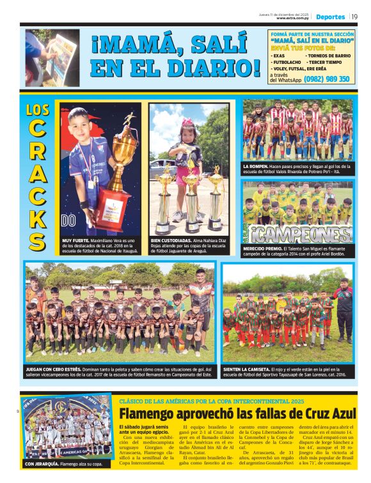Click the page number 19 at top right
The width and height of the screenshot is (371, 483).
point(354,17)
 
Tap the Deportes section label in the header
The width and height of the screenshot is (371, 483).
point(330,17)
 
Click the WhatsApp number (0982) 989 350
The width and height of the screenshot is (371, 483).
point(327,79)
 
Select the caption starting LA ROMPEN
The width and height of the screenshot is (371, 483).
point(297,169)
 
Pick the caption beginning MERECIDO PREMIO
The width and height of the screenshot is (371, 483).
point(297,252)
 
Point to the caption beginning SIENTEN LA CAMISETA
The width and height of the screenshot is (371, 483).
point(287,372)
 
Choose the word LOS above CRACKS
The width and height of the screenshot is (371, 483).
point(38,109)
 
